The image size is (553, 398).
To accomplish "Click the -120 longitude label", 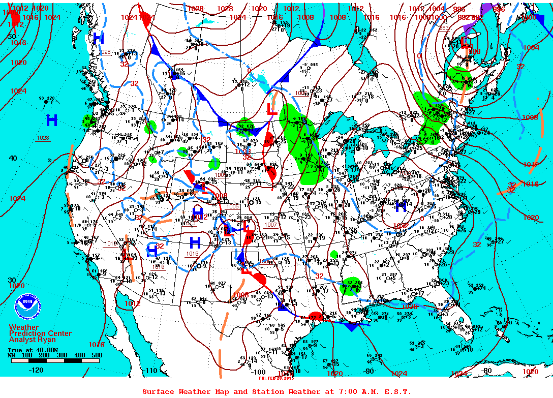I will click(37, 370).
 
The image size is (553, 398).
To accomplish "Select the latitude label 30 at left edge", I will click(12, 280).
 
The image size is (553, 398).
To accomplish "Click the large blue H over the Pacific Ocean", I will click(51, 120).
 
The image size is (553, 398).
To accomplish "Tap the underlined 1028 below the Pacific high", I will click(43, 138).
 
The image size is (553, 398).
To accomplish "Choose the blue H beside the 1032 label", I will click(401, 206).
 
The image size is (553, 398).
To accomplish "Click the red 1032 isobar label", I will click(401, 225).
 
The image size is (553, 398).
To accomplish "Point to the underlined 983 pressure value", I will click(444, 28).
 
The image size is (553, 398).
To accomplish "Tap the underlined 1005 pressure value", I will click(233, 206).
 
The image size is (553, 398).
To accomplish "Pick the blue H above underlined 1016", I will click(195, 242).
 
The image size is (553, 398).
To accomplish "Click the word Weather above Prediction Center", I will click(23, 327).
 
